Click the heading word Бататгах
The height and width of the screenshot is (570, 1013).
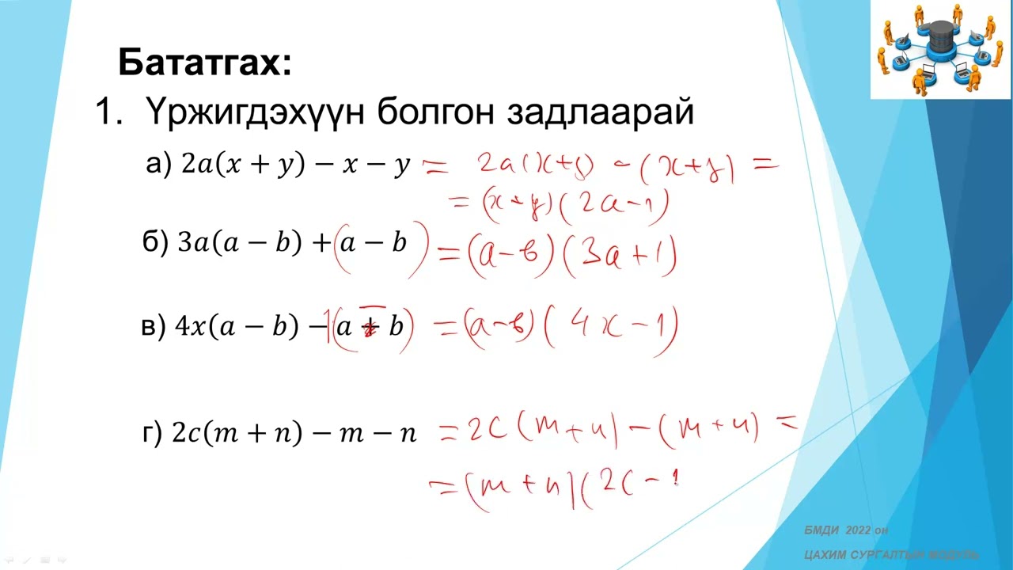(205, 63)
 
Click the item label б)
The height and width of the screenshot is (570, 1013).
(155, 242)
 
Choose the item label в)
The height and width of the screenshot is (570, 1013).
(154, 326)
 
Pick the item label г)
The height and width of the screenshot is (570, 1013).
(152, 433)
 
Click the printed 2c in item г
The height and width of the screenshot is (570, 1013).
(187, 434)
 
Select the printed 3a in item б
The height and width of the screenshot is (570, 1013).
(193, 243)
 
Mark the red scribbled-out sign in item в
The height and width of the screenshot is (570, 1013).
(369, 326)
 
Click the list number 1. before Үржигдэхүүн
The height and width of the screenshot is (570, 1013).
(106, 112)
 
